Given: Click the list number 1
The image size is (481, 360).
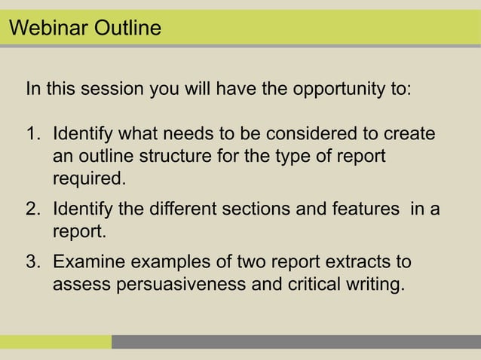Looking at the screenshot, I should click(33, 135).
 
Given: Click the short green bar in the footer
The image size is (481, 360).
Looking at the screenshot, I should click(56, 342).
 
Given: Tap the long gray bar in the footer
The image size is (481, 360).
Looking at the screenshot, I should click(296, 342).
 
